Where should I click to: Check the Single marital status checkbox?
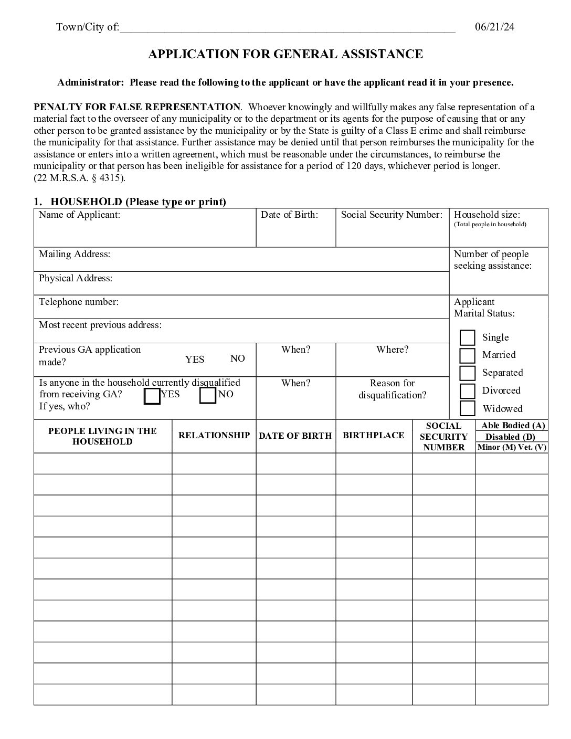point(467,337)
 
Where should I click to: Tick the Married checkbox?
point(467,355)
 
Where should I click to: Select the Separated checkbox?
point(467,373)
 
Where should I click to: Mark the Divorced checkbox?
point(467,391)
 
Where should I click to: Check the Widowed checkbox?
point(467,408)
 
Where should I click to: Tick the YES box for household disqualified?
point(152,396)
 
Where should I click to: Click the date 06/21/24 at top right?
point(494,27)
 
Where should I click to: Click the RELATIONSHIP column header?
point(214,435)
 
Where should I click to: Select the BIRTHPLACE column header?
point(373,435)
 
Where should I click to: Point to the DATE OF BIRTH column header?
point(295,436)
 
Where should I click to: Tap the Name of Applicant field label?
point(79,215)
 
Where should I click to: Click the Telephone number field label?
point(79,302)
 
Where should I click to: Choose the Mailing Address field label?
point(75,254)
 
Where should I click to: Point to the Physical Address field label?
point(76,278)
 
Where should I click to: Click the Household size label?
point(487,215)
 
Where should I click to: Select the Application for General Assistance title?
point(285,54)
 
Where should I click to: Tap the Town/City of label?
point(88,27)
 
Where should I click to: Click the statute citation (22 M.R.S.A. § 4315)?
point(80,178)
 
